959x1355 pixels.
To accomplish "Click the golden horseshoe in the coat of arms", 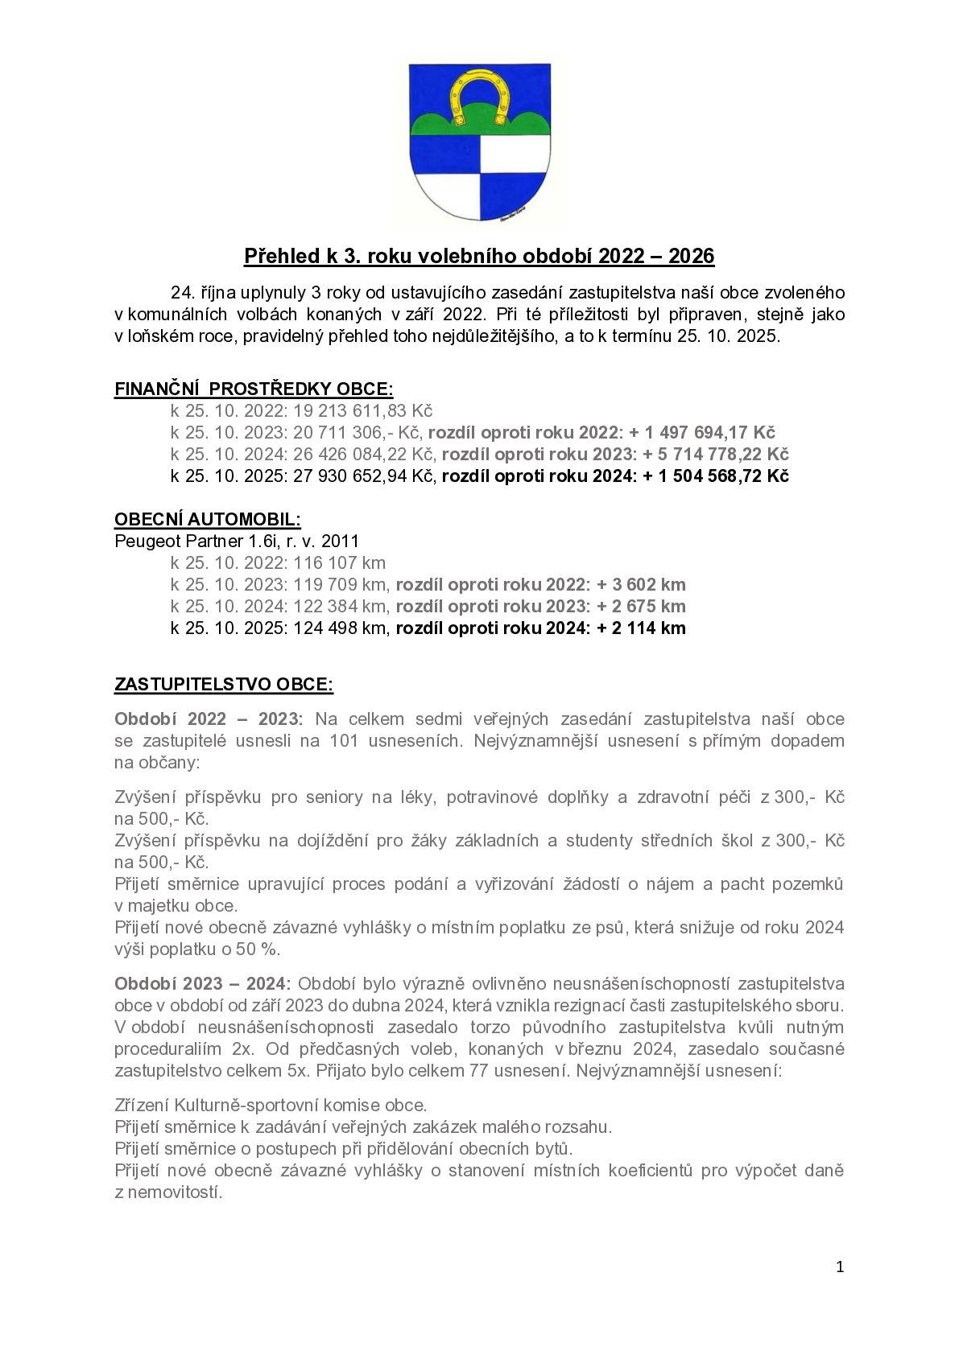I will click(x=480, y=95).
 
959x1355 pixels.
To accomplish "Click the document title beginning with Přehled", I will click(x=479, y=256).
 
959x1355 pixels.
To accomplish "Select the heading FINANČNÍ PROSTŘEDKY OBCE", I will click(x=254, y=389).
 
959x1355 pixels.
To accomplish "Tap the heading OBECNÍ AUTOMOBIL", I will click(x=208, y=519).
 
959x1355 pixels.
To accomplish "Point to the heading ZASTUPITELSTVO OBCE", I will click(x=224, y=685).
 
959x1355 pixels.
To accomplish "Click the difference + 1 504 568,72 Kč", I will click(x=716, y=476).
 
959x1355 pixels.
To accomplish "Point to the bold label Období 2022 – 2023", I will click(x=209, y=719).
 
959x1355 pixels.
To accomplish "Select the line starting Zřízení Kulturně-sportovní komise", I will click(x=271, y=1105).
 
